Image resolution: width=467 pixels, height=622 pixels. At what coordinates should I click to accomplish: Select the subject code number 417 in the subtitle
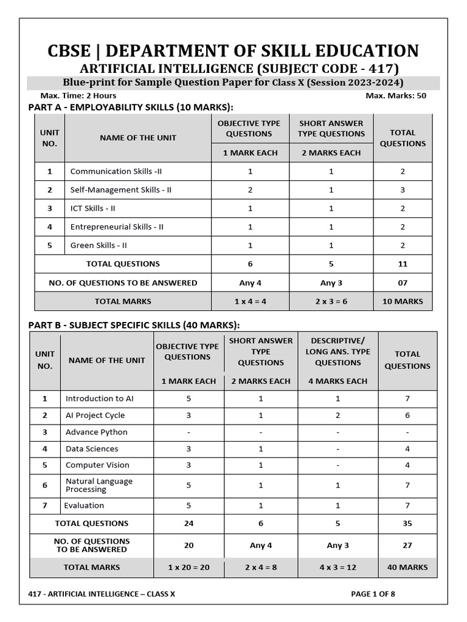(x=383, y=69)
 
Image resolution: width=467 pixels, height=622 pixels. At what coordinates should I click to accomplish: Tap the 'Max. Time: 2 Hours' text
(x=78, y=95)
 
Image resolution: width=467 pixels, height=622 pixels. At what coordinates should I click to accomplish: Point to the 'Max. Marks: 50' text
(x=396, y=95)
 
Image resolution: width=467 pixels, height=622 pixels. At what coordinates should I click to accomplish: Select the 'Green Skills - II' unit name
(x=99, y=245)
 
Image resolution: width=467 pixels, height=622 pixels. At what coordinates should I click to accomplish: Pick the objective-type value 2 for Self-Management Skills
(x=250, y=190)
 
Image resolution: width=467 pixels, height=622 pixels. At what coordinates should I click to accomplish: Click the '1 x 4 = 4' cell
(x=250, y=301)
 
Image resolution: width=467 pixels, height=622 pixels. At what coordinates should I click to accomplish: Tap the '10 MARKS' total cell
(x=403, y=301)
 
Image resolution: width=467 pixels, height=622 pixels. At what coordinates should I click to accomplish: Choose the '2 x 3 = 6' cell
(x=331, y=301)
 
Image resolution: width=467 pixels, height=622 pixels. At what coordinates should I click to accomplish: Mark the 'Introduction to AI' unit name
(x=99, y=398)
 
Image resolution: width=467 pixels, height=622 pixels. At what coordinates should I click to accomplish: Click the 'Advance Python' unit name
(x=97, y=432)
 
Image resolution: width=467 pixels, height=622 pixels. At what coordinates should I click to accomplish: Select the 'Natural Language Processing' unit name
(x=99, y=485)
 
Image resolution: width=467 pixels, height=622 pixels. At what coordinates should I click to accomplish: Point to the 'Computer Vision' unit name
(x=97, y=465)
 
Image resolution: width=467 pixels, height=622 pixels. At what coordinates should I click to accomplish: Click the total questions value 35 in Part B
(x=407, y=523)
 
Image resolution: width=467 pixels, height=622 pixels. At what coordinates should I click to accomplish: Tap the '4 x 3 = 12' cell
(x=337, y=567)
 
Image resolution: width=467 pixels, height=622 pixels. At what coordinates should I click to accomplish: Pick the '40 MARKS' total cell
(x=407, y=567)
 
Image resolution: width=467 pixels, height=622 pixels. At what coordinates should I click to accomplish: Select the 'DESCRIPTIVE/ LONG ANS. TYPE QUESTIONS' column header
(x=337, y=352)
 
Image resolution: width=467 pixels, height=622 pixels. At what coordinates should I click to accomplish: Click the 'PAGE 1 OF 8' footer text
(x=373, y=594)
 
